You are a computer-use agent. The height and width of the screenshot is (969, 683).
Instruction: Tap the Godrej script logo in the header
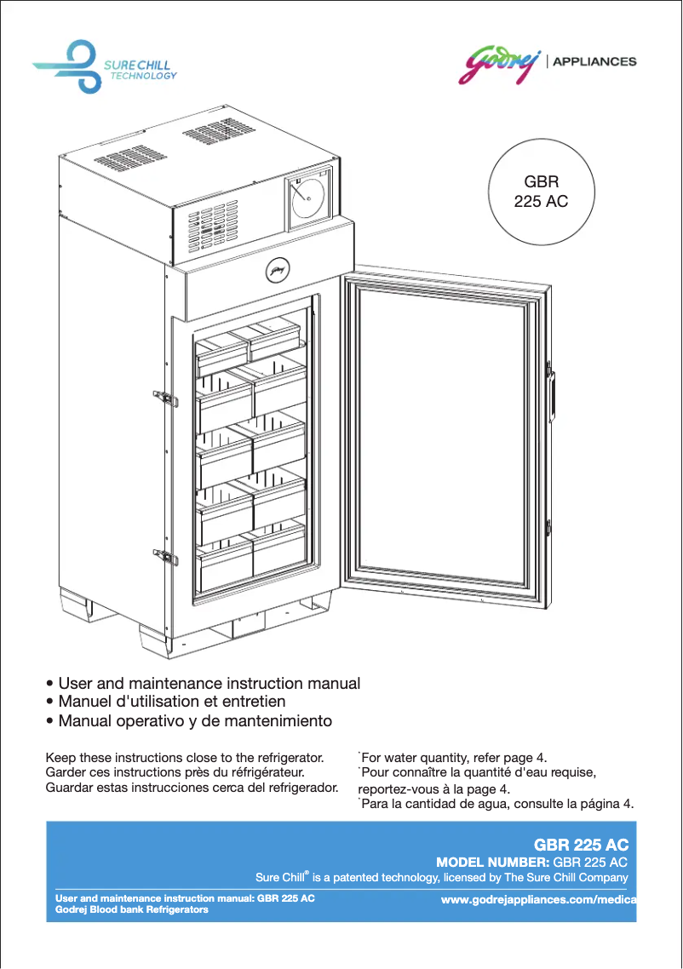(501, 62)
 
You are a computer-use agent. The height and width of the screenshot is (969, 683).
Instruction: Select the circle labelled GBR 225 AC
(541, 192)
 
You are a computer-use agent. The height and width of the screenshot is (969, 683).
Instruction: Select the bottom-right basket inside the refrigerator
(278, 549)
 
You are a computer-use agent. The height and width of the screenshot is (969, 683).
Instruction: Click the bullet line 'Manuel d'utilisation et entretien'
(171, 702)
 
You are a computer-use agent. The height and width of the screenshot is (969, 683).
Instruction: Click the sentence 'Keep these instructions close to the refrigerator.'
(185, 757)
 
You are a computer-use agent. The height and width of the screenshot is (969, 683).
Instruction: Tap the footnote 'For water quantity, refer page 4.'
(455, 757)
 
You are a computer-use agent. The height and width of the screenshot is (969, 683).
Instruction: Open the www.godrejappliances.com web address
(539, 900)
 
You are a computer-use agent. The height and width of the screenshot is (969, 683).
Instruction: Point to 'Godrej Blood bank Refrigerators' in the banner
(132, 910)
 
